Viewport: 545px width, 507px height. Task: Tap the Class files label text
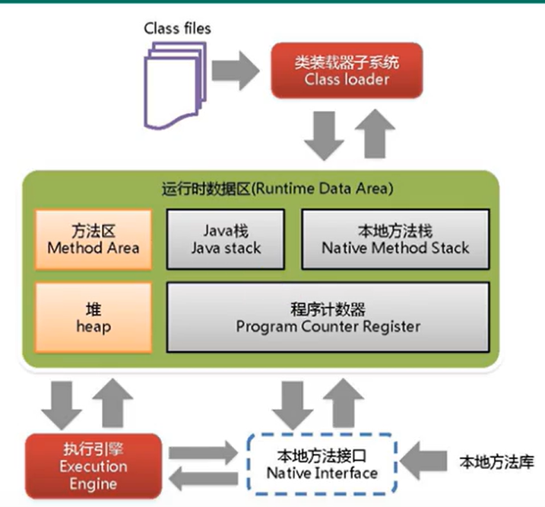point(177,28)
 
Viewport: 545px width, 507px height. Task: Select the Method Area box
point(93,238)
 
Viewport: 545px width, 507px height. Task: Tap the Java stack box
point(232,238)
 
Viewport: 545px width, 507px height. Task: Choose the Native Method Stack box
point(394,238)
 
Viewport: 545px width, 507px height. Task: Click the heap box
point(93,318)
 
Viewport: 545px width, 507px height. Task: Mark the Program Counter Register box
point(328,318)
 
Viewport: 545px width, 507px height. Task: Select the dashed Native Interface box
point(322,463)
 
